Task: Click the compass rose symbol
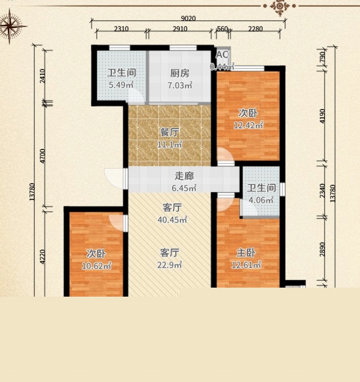pyautogui.click(x=10, y=26)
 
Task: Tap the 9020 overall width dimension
pyautogui.click(x=188, y=19)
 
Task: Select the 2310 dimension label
pyautogui.click(x=121, y=29)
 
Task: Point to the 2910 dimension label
pyautogui.click(x=180, y=29)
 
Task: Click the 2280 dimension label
pyautogui.click(x=255, y=29)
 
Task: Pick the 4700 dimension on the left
pyautogui.click(x=43, y=156)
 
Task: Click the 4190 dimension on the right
pyautogui.click(x=322, y=116)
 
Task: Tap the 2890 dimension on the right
pyautogui.click(x=322, y=249)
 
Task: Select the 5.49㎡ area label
pyautogui.click(x=121, y=85)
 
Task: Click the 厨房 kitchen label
pyautogui.click(x=180, y=73)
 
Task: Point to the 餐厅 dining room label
pyautogui.click(x=169, y=133)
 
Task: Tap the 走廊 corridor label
pyautogui.click(x=184, y=176)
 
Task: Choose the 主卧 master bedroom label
pyautogui.click(x=246, y=253)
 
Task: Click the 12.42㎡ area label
pyautogui.click(x=249, y=125)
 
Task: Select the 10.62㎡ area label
pyautogui.click(x=97, y=266)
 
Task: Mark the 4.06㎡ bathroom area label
pyautogui.click(x=261, y=200)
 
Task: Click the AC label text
pyautogui.click(x=222, y=55)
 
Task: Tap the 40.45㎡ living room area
pyautogui.click(x=172, y=220)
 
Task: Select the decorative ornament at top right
pyautogui.click(x=280, y=7)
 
